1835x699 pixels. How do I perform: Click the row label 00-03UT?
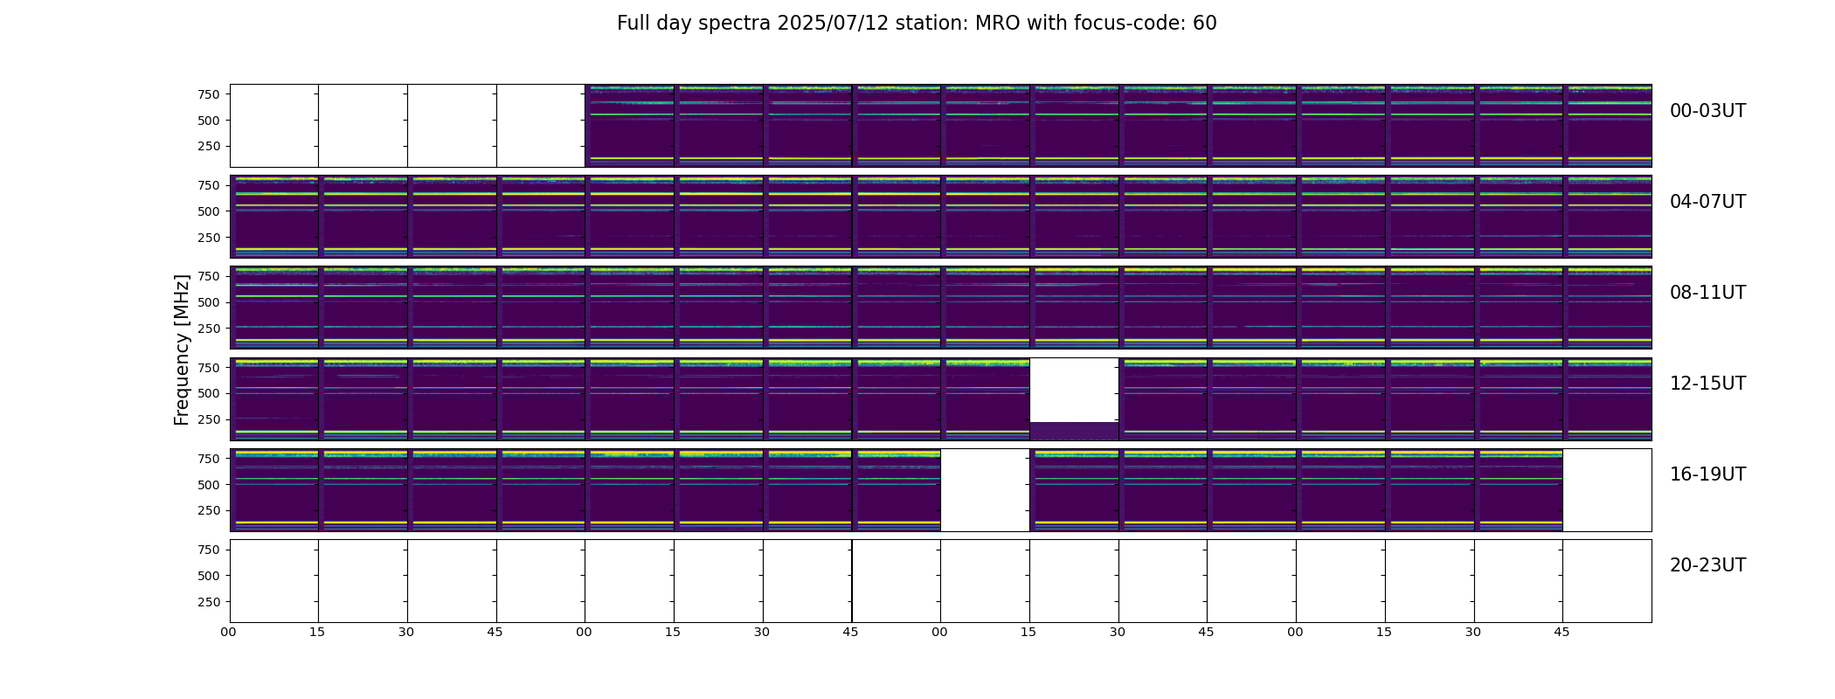pyautogui.click(x=1707, y=111)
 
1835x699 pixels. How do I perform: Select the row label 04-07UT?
pyautogui.click(x=1707, y=202)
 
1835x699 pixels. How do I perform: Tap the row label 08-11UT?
pyautogui.click(x=1707, y=293)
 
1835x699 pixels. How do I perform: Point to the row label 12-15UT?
pyautogui.click(x=1707, y=384)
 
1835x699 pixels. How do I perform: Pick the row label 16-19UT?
pyautogui.click(x=1707, y=474)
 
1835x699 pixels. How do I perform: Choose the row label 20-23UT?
pyautogui.click(x=1707, y=565)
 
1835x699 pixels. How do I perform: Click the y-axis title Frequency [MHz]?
pyautogui.click(x=182, y=349)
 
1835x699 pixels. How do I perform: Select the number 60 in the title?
pyautogui.click(x=1205, y=24)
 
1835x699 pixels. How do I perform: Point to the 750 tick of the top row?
pyautogui.click(x=208, y=94)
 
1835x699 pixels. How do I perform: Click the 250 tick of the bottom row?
pyautogui.click(x=208, y=602)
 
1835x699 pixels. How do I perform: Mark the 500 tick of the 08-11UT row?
pyautogui.click(x=208, y=302)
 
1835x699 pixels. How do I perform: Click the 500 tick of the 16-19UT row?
pyautogui.click(x=208, y=485)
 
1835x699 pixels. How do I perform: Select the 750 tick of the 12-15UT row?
pyautogui.click(x=208, y=368)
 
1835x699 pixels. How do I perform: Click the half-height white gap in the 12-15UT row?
pyautogui.click(x=1074, y=390)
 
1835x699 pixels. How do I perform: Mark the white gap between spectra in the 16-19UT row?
pyautogui.click(x=985, y=490)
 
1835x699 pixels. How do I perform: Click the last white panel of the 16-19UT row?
pyautogui.click(x=1607, y=490)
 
